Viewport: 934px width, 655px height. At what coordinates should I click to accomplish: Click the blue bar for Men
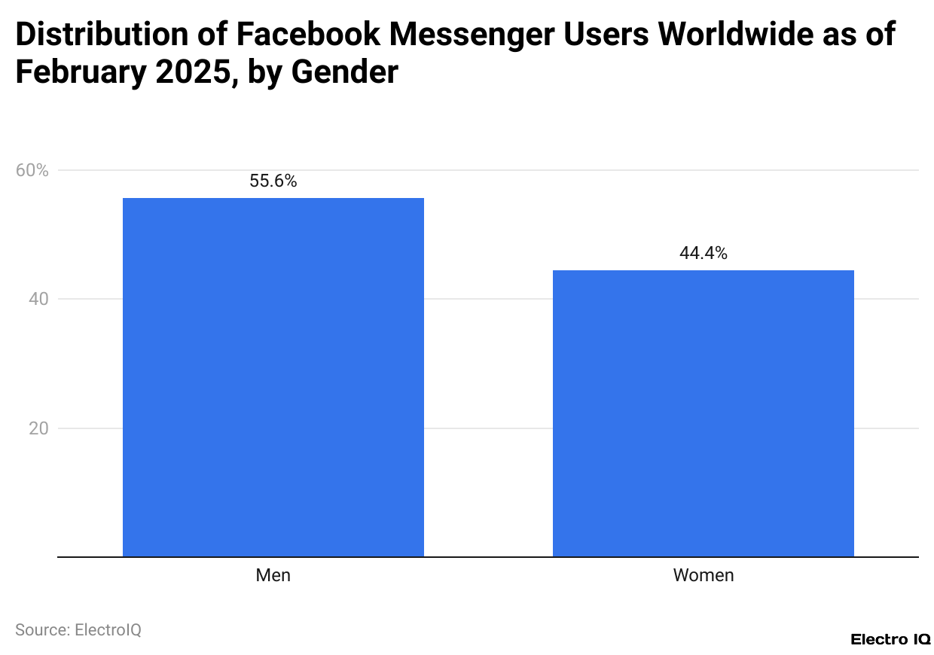(273, 376)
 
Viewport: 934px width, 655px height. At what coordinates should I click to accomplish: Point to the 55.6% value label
(273, 181)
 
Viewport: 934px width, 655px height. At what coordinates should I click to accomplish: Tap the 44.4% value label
(703, 254)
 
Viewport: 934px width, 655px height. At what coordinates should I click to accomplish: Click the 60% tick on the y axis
(32, 170)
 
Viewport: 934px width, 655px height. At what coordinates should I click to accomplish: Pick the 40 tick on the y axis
(38, 300)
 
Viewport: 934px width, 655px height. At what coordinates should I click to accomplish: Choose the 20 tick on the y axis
(38, 428)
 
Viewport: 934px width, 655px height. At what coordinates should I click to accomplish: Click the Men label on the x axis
(273, 576)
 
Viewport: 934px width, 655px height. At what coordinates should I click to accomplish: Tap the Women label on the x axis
(703, 576)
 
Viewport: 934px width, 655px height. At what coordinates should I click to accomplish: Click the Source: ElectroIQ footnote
(78, 629)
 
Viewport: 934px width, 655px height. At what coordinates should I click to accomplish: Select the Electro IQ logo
(890, 639)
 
